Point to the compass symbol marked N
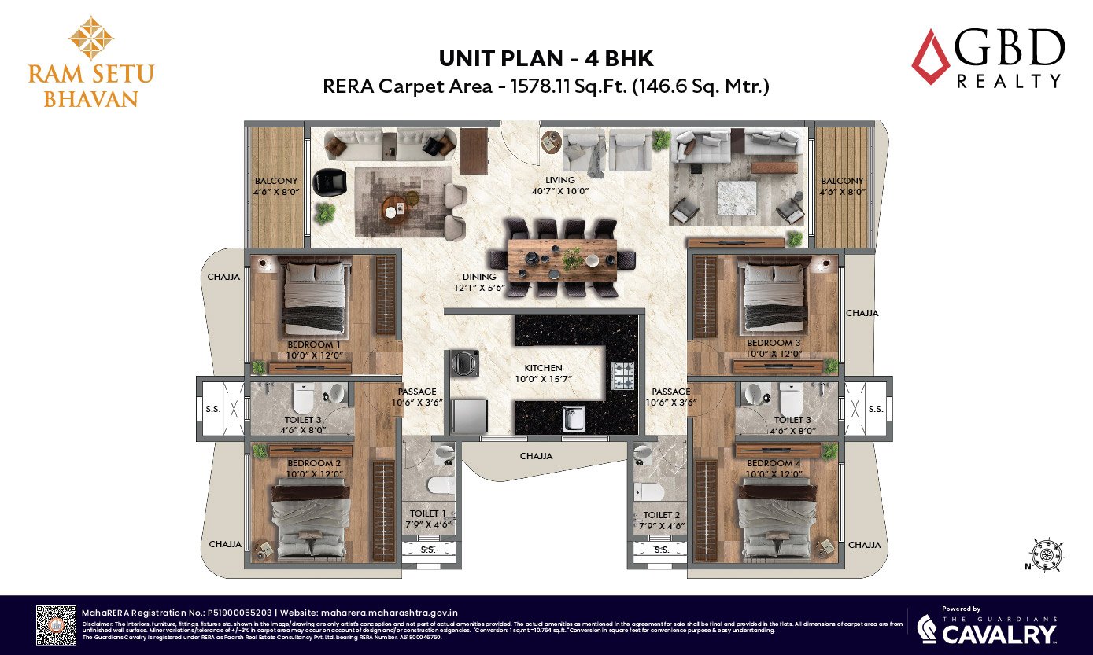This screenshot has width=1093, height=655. [x=1046, y=554]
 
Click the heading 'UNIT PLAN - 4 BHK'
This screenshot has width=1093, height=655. [x=545, y=58]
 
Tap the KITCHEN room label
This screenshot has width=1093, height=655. [x=544, y=368]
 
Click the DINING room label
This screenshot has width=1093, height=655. [x=479, y=277]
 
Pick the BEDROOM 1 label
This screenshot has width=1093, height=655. [x=314, y=344]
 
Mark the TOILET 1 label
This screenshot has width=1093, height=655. [x=428, y=513]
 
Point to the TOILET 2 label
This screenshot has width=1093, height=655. [x=661, y=516]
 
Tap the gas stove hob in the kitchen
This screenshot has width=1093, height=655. [x=622, y=375]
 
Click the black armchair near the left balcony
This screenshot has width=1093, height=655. [x=329, y=182]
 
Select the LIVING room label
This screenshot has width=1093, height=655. [x=560, y=181]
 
